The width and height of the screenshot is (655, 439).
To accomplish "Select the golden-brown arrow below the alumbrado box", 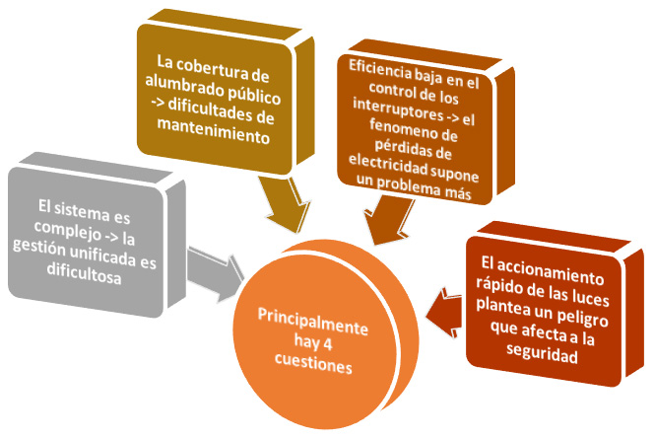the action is tap(286, 204).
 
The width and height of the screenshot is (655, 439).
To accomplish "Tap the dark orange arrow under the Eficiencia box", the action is tap(387, 221).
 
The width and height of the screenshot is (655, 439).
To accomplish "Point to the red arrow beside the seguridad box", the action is tap(444, 312).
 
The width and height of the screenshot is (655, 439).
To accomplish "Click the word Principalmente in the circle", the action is tap(313, 322).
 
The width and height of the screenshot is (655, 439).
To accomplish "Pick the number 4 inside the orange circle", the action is tap(327, 344).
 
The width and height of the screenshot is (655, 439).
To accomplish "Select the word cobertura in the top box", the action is tap(213, 69).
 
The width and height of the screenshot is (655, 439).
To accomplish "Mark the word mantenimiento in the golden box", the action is tap(214, 131).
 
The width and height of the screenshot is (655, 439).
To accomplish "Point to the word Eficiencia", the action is tap(380, 70).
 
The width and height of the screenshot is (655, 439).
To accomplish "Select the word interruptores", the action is tap(398, 110).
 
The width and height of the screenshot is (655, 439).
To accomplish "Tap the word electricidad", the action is tap(388, 166).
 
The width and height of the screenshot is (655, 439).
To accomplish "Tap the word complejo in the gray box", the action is tap(68, 230).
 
